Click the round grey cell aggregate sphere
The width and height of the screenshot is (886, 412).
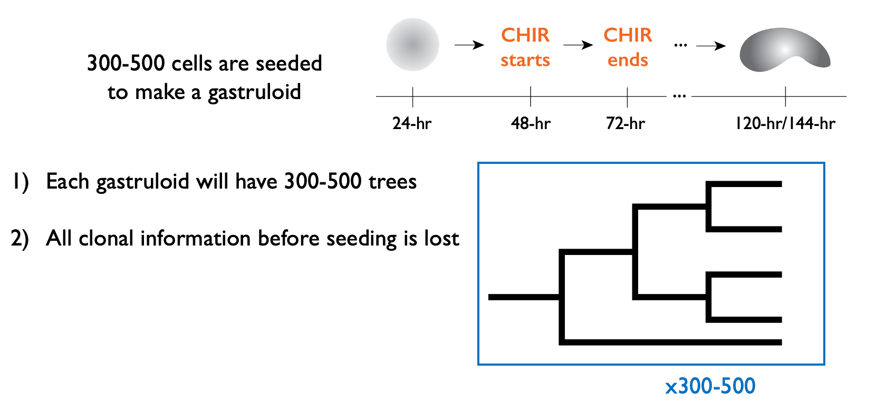click(412, 45)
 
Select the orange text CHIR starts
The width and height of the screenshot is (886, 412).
click(525, 47)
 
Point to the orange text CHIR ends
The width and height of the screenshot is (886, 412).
click(628, 47)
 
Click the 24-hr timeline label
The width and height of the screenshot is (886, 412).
click(412, 124)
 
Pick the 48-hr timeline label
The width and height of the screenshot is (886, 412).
click(531, 124)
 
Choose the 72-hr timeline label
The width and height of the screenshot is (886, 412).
click(625, 124)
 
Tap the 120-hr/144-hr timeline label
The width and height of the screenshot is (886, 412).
click(785, 124)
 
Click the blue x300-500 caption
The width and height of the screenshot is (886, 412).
click(710, 386)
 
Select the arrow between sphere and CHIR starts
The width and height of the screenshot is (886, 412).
click(469, 45)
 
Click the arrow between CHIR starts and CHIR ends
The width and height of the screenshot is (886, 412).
click(578, 45)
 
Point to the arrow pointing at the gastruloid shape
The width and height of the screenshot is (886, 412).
click(711, 46)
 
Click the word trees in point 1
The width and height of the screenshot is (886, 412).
click(392, 182)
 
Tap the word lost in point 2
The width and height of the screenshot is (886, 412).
click(441, 238)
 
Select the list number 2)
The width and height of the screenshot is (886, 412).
click(20, 239)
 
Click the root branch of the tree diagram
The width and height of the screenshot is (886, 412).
click(524, 297)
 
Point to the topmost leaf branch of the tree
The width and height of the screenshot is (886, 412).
click(744, 184)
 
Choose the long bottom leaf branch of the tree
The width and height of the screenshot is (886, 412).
click(670, 342)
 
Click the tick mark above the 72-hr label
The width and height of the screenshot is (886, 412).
click(628, 97)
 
